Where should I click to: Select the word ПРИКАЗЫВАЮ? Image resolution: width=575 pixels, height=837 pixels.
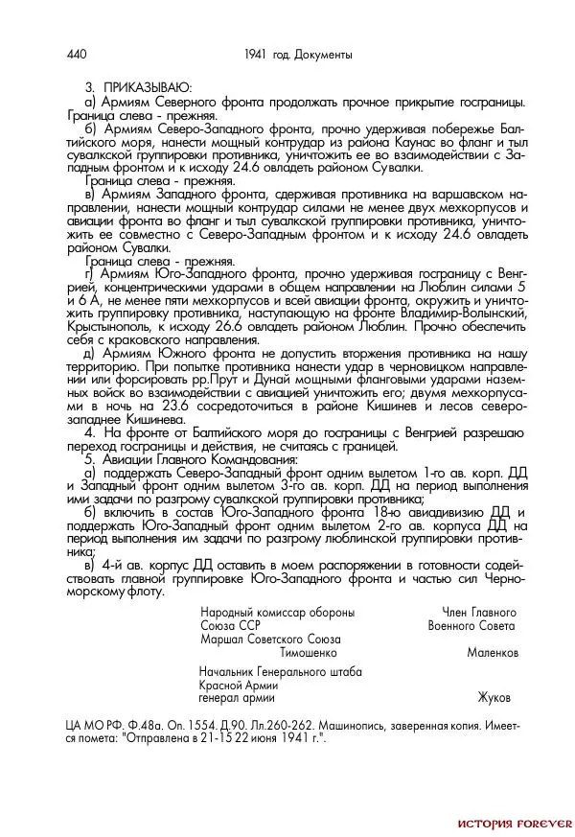coord(148,86)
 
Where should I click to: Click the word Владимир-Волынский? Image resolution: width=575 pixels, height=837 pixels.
coord(463,313)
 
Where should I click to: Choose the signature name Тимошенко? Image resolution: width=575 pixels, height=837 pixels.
coord(309,652)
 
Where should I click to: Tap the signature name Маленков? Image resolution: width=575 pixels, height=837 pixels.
coord(493,652)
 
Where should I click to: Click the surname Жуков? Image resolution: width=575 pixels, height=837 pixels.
coord(494,697)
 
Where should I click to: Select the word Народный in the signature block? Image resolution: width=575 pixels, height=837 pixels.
coord(227,612)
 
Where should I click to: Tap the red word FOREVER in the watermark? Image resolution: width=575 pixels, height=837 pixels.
coord(547,824)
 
